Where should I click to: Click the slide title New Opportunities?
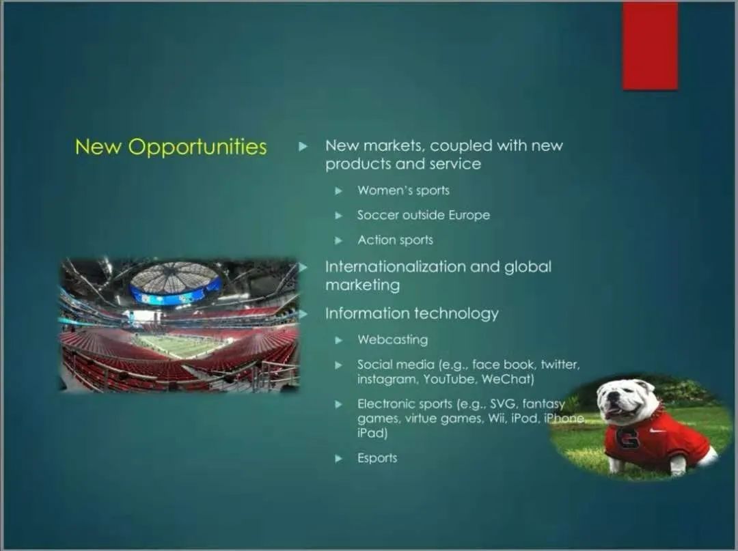point(171,147)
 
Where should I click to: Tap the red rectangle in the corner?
point(650,46)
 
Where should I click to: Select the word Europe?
point(469,215)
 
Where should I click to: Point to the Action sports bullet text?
point(395,240)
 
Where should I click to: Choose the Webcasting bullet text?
point(392,339)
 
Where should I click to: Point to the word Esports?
point(377,458)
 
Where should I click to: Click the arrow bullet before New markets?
point(303,146)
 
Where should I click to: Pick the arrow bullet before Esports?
point(338,458)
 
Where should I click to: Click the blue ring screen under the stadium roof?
point(175,293)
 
